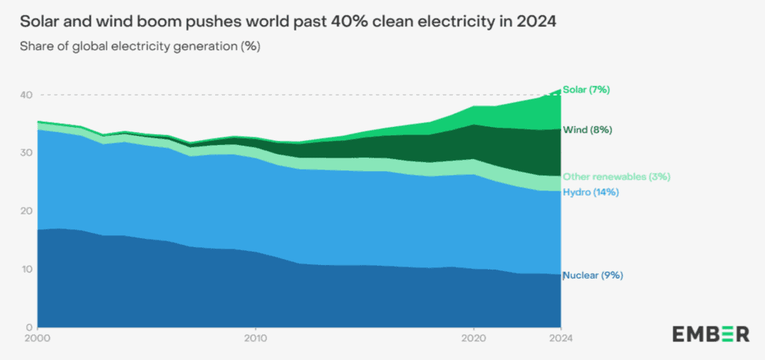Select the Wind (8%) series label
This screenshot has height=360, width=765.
589,130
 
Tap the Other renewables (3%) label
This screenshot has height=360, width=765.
606,177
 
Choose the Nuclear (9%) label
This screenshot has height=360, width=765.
593,276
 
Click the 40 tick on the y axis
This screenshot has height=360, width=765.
26,95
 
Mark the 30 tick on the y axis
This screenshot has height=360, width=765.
26,153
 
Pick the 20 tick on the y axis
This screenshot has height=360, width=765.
26,211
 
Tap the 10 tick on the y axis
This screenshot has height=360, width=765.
26,269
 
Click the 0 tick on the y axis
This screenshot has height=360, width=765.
29,327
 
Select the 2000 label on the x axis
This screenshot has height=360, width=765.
37,340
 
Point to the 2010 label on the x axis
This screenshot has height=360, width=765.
255,340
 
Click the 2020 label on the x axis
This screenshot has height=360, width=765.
473,340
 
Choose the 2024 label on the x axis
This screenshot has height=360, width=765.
560,340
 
